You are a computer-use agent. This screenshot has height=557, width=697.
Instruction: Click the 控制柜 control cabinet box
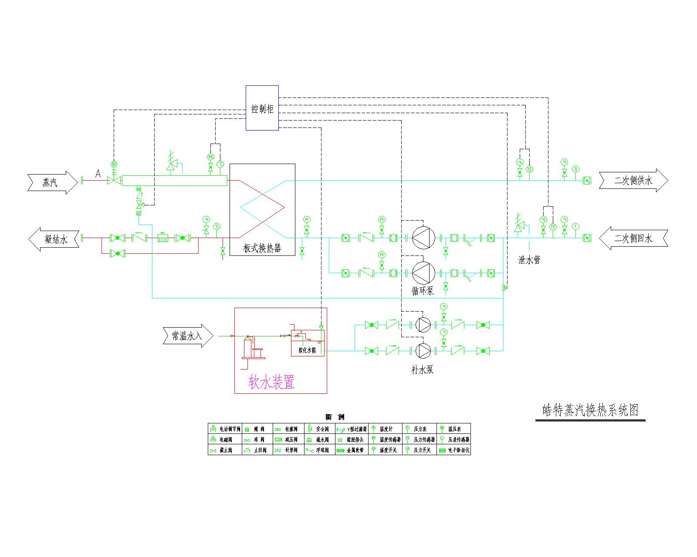click(x=262, y=107)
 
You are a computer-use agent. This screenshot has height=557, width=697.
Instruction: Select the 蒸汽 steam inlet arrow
click(x=49, y=182)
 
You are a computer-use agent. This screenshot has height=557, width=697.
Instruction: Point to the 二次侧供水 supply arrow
click(x=633, y=180)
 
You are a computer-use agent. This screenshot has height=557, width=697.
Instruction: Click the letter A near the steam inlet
click(x=98, y=174)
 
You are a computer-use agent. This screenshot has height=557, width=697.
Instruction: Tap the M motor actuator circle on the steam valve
click(x=114, y=164)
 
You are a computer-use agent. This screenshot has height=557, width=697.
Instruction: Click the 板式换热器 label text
click(x=262, y=248)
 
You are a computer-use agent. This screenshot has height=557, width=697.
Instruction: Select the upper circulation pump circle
click(x=423, y=238)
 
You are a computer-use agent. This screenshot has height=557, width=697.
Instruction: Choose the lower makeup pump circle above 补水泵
click(x=423, y=350)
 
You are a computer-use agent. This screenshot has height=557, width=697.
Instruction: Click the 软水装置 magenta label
click(x=272, y=382)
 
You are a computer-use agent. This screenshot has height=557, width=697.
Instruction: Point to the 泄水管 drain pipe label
click(x=529, y=260)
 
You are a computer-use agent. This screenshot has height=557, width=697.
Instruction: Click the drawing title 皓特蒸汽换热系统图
click(x=590, y=410)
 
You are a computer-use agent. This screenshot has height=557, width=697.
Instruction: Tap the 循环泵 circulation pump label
click(x=423, y=291)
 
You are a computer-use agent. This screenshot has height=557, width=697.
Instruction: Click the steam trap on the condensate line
click(x=163, y=238)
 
